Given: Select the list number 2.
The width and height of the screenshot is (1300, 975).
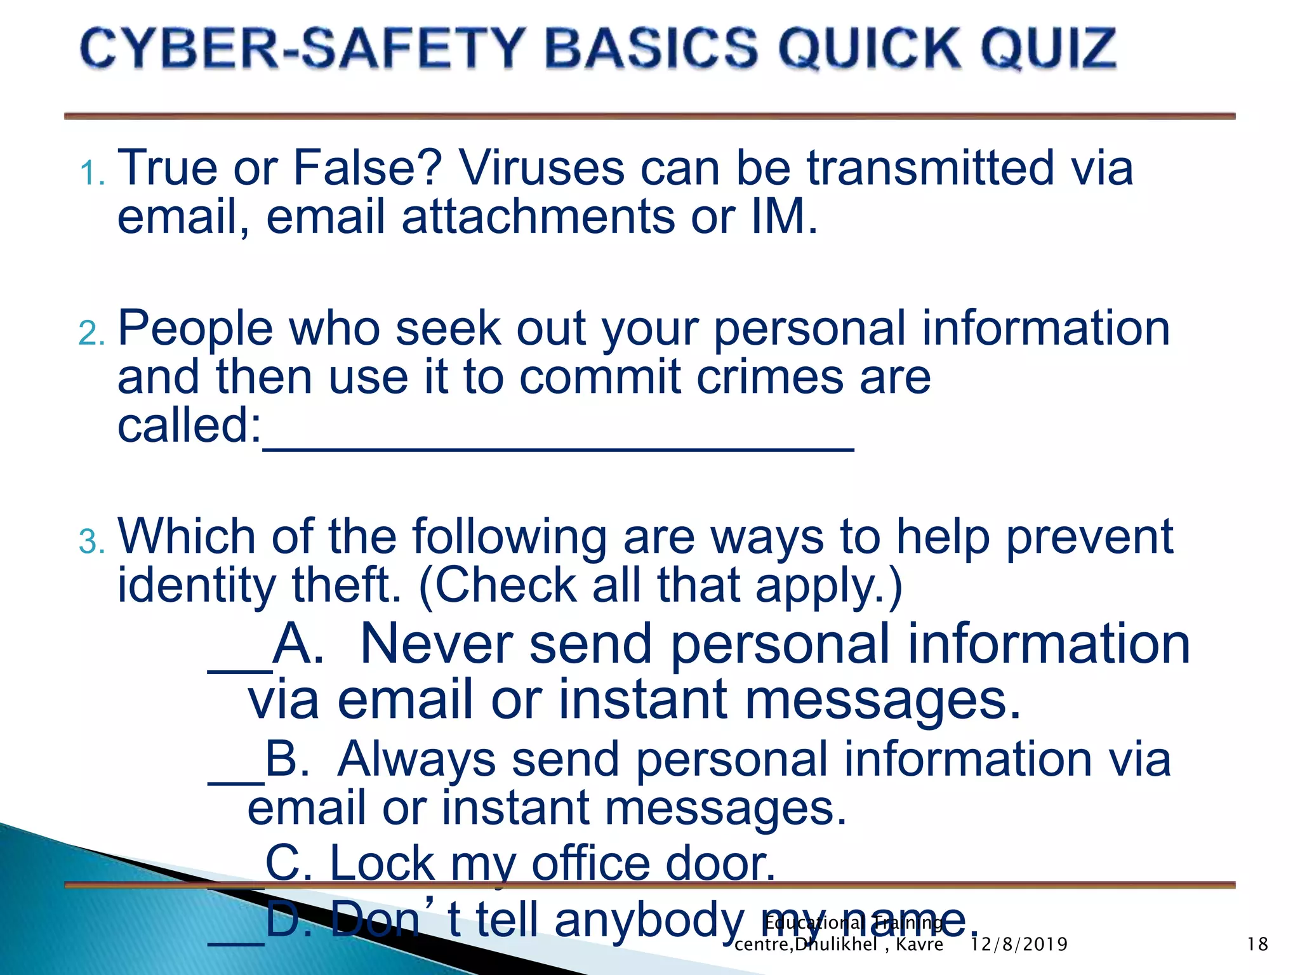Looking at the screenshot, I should (x=91, y=334).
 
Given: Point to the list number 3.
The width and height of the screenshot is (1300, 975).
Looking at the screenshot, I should (x=91, y=542).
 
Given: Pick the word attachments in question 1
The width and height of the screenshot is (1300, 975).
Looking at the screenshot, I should (x=538, y=217).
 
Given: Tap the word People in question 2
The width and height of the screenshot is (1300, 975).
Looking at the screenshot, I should (x=195, y=329).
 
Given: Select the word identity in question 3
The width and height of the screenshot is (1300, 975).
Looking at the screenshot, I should (x=197, y=585).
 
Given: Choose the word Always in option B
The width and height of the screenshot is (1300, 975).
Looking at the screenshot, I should (x=416, y=759).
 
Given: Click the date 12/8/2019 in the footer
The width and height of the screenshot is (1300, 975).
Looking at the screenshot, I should (x=1019, y=945).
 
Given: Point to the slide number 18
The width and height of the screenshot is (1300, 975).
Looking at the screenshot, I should (x=1257, y=945).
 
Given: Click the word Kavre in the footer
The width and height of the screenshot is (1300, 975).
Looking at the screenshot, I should (x=919, y=945).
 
